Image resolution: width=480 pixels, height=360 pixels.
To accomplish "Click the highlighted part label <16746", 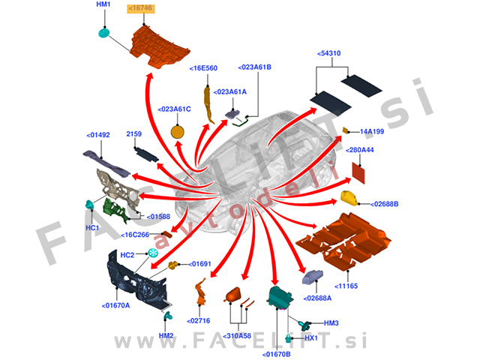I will point(140,7).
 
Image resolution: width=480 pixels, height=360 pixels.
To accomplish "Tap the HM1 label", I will point(103,4).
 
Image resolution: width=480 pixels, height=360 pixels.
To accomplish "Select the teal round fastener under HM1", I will point(104,32).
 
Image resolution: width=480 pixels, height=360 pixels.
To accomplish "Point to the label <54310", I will point(330,54).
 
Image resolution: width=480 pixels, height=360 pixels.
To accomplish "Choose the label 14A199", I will point(372,131).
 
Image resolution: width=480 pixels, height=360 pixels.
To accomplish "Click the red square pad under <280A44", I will point(360,172).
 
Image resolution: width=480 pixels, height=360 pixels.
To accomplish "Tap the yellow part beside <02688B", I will point(349,198).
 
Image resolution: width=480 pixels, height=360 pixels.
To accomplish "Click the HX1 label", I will point(311,337).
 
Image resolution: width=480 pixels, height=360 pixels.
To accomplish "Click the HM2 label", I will point(166,335).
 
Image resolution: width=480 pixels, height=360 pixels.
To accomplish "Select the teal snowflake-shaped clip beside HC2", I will point(153,255).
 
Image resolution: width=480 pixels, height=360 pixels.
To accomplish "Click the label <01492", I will point(98,136).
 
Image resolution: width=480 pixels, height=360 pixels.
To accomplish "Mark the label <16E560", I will point(204,68).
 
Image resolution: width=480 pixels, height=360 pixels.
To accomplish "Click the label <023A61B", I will point(254,67).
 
